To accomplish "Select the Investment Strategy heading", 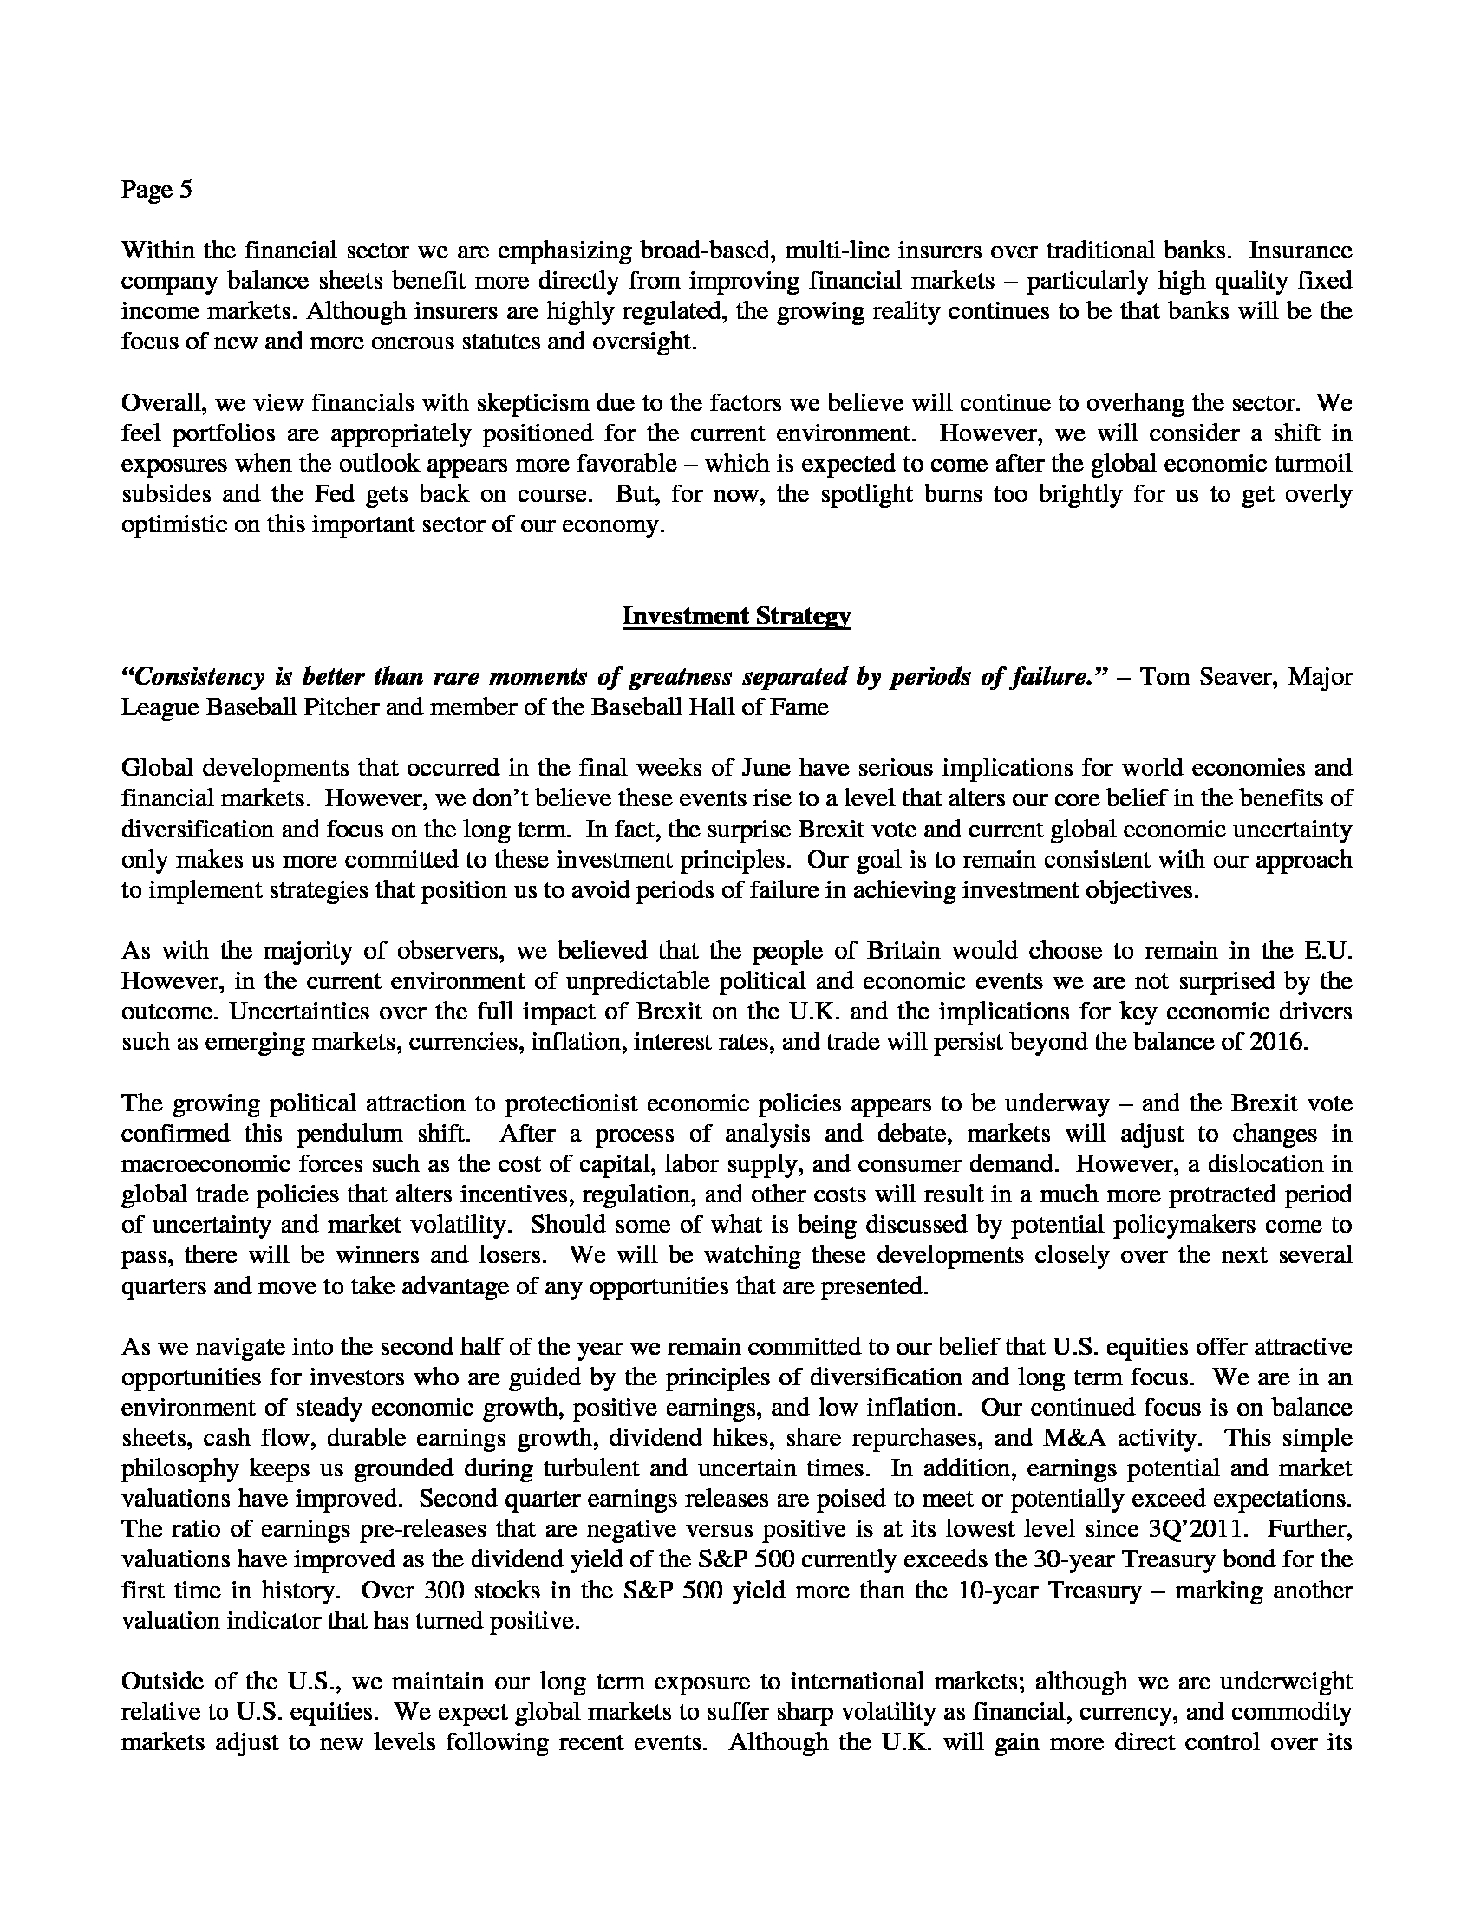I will click(736, 616).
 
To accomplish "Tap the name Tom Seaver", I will click(1197, 677).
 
